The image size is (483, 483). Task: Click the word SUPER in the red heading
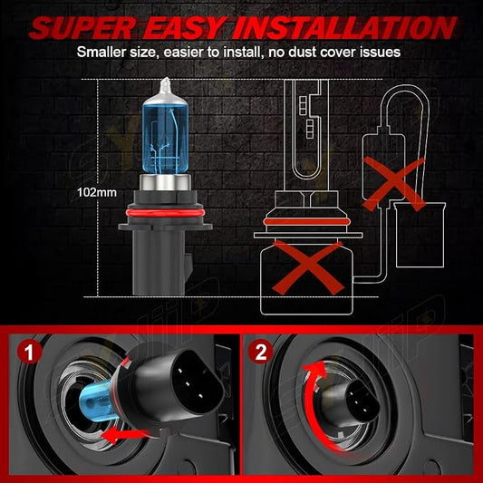coord(82,28)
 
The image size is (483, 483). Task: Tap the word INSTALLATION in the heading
coord(343,28)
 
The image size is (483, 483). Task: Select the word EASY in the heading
coord(184,28)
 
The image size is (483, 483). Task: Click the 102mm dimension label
coord(97,192)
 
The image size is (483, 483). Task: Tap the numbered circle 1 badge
coord(30,353)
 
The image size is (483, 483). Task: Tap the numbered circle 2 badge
coord(261,352)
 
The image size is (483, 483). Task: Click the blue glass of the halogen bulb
coord(166,139)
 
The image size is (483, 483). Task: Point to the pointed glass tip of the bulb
coord(167,80)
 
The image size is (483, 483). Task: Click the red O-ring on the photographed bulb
coord(166,213)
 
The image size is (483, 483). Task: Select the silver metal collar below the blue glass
coord(166,182)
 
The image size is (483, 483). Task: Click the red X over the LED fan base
coord(308,267)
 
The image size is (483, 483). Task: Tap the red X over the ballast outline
coord(394,184)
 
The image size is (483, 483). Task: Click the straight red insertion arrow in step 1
coord(125,435)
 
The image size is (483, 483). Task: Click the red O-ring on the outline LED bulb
coord(307,222)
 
